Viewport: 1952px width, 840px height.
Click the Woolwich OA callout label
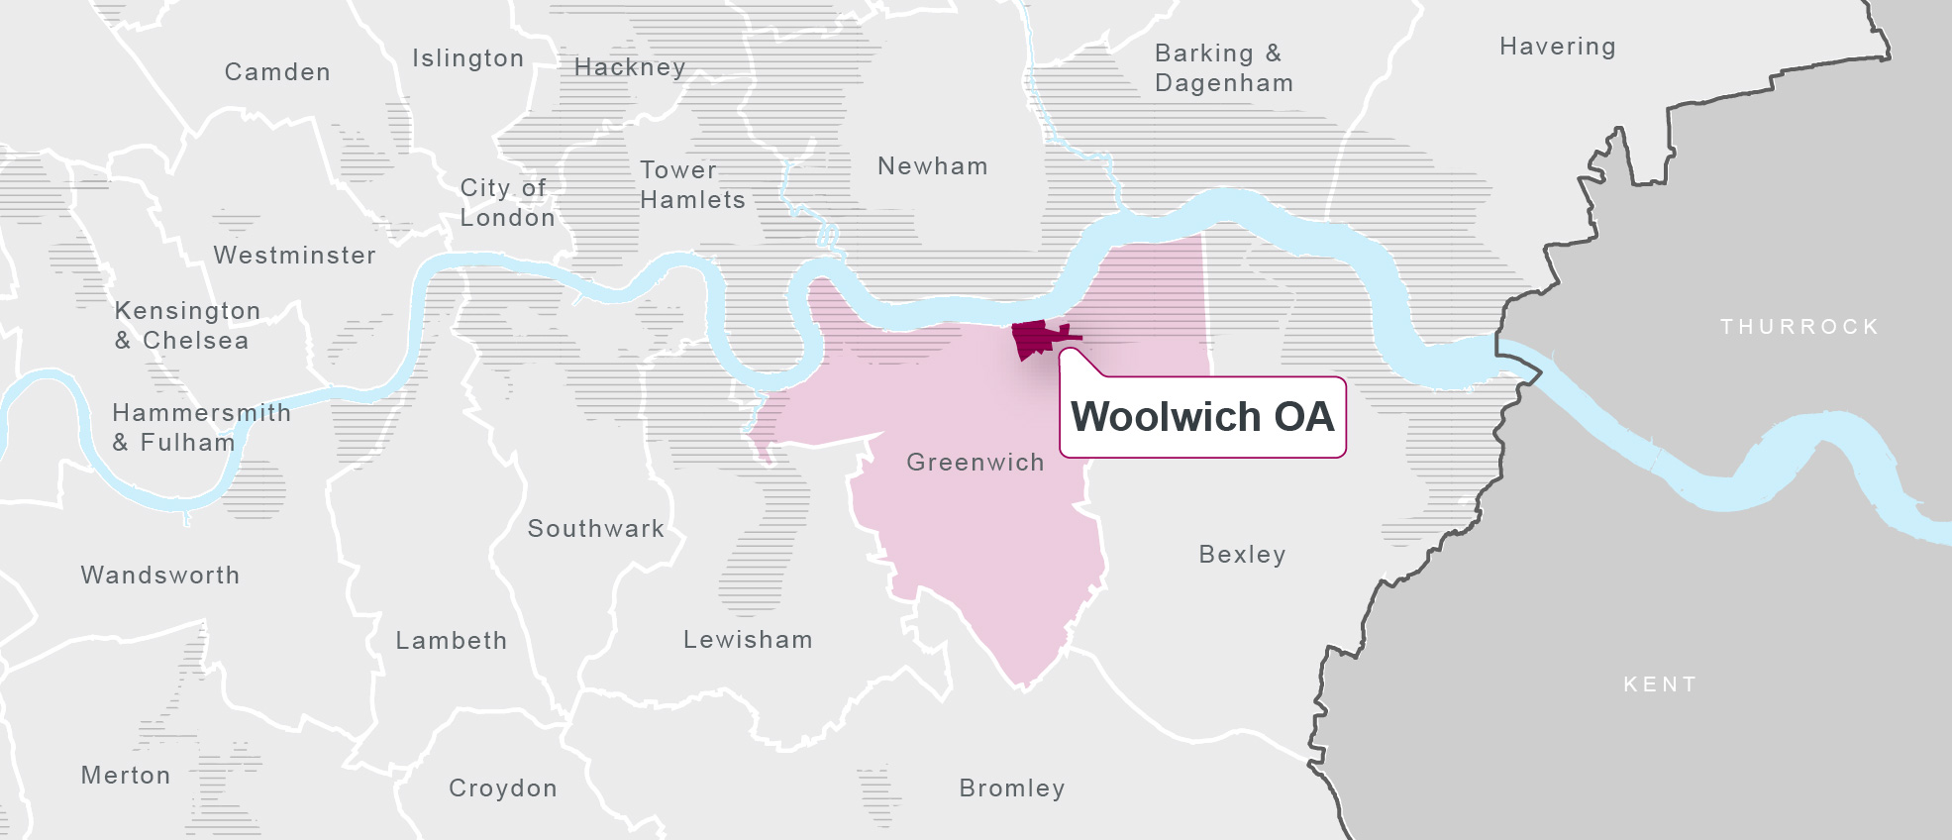(1202, 417)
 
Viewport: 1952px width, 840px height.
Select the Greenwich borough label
(975, 463)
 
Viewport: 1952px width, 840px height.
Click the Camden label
(277, 72)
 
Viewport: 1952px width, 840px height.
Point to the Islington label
(467, 58)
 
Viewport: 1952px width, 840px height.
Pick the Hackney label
(630, 67)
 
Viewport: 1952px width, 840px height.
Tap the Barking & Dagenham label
(1223, 68)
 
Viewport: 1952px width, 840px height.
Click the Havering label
(1557, 47)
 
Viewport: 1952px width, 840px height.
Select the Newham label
(932, 166)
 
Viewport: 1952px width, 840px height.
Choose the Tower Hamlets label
(691, 185)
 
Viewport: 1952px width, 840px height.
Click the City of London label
(507, 203)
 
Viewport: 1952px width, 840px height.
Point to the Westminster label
(294, 256)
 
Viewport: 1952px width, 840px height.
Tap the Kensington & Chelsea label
(186, 326)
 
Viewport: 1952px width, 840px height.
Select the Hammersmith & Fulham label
(201, 428)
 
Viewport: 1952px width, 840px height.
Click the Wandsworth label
(159, 576)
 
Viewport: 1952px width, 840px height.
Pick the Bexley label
(1242, 555)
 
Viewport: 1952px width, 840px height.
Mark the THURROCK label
(1798, 327)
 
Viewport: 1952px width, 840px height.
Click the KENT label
(1660, 684)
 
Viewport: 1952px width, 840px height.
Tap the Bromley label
(1011, 788)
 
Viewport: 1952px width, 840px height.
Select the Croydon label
(502, 788)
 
